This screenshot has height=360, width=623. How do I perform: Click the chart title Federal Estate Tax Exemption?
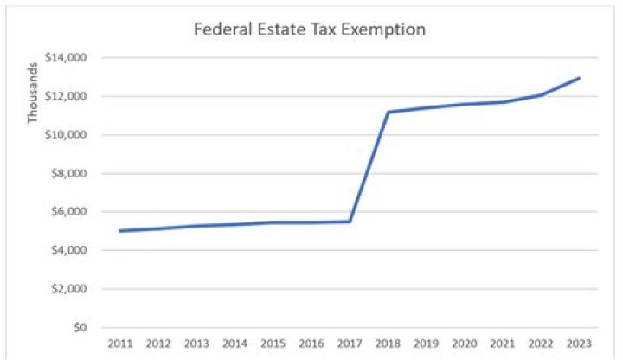point(311,29)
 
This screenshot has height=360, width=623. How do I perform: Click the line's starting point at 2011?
point(119,231)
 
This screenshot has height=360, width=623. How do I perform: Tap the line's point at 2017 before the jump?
point(350,222)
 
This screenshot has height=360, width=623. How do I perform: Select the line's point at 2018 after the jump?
point(389,112)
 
